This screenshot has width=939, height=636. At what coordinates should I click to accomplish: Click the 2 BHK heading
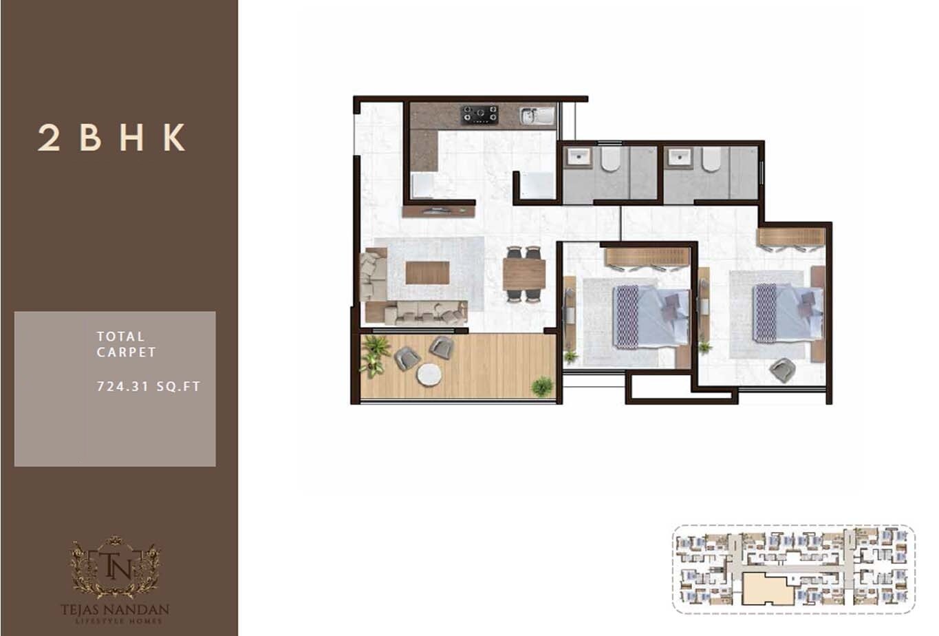tap(111, 138)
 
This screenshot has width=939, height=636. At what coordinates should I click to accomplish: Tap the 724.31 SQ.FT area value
tap(149, 386)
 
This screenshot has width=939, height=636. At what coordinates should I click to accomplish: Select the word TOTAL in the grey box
tap(120, 337)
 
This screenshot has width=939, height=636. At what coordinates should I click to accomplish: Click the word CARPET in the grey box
tap(126, 352)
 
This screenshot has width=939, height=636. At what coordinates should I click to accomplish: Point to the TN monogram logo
tap(115, 566)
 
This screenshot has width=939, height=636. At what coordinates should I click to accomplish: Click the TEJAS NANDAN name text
tap(115, 609)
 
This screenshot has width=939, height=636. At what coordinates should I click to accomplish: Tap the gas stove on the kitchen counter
tap(479, 114)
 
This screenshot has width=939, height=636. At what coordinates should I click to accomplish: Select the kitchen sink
tap(537, 116)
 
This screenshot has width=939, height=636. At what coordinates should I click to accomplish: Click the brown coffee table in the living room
tap(427, 273)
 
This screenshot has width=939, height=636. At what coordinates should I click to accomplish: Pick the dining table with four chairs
tap(524, 274)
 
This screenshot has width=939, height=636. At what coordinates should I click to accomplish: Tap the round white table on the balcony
tap(429, 374)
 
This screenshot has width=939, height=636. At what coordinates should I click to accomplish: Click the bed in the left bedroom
tap(651, 317)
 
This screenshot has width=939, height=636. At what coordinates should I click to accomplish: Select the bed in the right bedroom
tap(787, 312)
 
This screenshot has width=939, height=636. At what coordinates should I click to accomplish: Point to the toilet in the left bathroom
tap(610, 159)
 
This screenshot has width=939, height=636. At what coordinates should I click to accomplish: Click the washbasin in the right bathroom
tap(680, 158)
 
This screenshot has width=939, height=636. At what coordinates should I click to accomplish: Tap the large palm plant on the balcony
tap(374, 354)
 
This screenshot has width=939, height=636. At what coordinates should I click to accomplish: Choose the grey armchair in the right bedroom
tap(782, 370)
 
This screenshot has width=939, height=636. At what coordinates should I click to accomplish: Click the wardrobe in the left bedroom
tap(647, 257)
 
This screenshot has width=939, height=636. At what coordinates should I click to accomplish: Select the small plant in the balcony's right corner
tap(542, 386)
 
